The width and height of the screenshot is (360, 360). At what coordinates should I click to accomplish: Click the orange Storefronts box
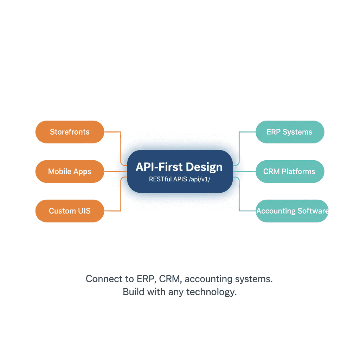(x=70, y=132)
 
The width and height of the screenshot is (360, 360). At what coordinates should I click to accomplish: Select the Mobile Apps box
(x=70, y=172)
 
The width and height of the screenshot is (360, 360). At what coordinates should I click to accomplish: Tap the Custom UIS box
(x=70, y=211)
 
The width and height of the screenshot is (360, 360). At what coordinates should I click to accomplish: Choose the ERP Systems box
(x=289, y=132)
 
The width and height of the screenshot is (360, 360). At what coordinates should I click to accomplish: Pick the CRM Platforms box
(x=289, y=172)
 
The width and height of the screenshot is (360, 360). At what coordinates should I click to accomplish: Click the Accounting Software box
(x=292, y=211)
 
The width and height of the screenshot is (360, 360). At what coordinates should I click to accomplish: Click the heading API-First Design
(x=179, y=167)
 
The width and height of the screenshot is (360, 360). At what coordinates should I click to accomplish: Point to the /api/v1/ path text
(x=200, y=179)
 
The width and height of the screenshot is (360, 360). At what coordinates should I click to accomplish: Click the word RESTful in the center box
(x=160, y=179)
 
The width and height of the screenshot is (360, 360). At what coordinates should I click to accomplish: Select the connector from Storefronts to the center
(x=121, y=148)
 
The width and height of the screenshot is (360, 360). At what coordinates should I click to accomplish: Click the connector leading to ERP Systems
(x=239, y=148)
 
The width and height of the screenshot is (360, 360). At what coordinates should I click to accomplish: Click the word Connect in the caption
(x=101, y=279)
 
